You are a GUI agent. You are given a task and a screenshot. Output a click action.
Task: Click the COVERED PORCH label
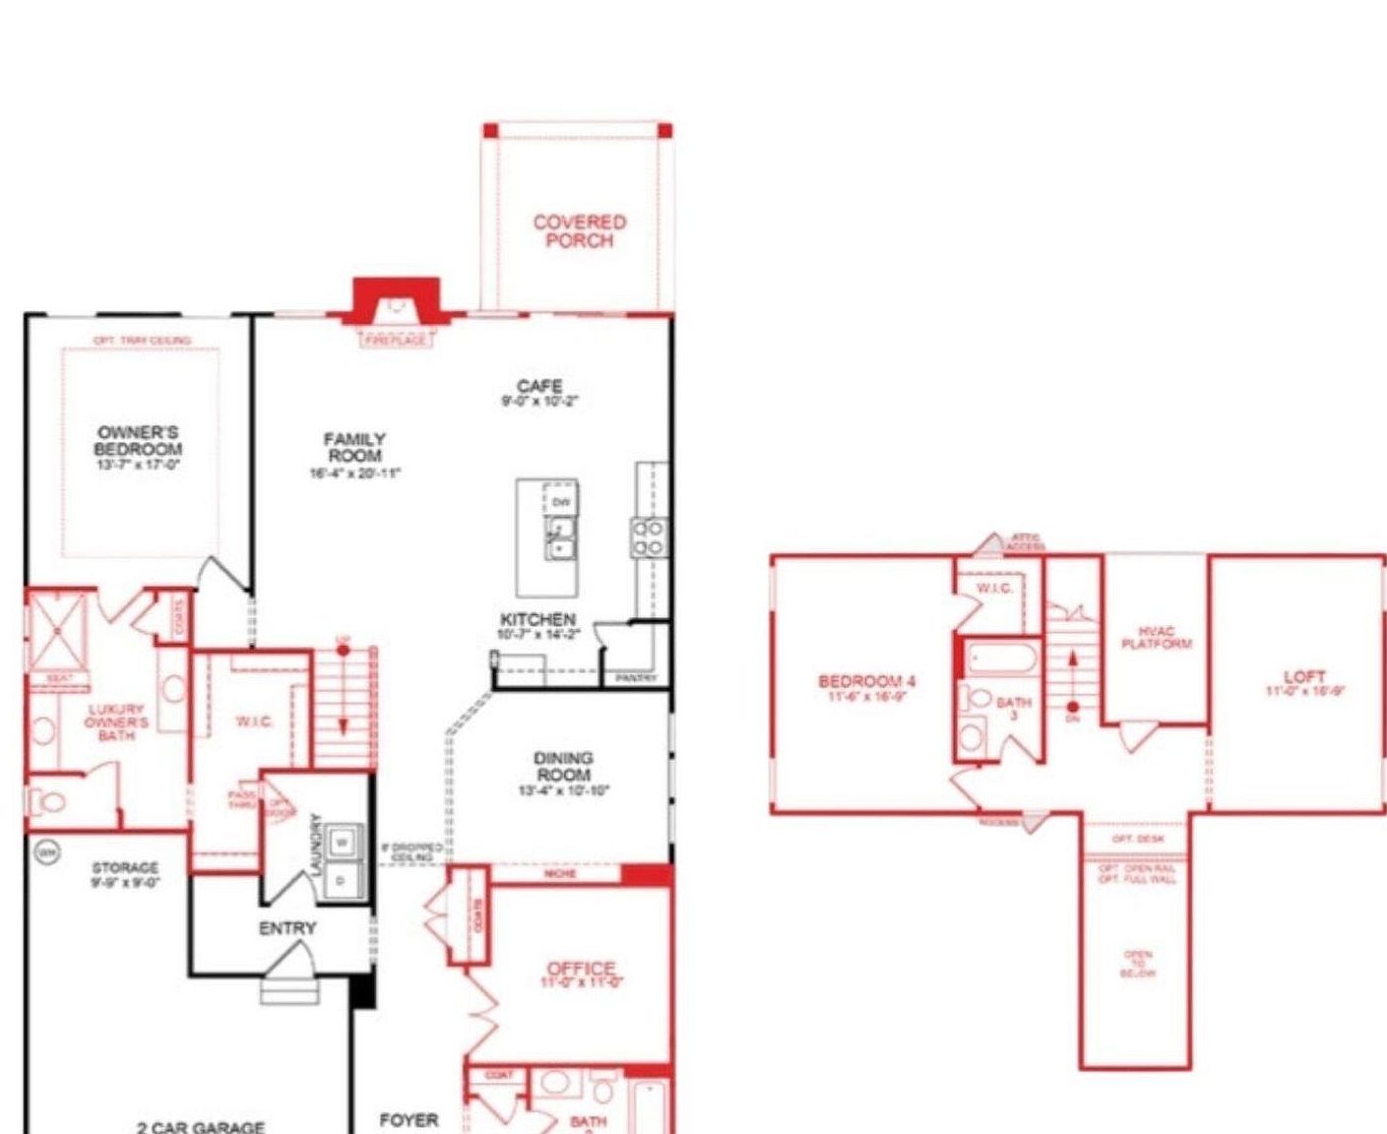580,231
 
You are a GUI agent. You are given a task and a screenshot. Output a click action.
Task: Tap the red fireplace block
396,298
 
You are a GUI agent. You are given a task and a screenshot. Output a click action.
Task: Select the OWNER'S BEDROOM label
139,441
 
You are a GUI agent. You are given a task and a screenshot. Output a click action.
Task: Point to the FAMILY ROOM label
355,448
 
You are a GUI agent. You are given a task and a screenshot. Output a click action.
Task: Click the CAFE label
539,386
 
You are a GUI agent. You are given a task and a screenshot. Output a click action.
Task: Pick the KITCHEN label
537,620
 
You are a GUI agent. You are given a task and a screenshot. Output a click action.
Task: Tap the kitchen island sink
560,538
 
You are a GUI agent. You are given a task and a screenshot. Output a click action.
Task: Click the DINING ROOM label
563,766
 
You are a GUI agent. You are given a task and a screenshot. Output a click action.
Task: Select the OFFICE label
581,970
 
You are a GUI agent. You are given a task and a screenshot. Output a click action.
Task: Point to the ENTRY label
287,928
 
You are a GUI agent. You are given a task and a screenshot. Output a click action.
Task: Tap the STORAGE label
125,867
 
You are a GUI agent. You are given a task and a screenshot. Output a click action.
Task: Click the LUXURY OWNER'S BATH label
116,722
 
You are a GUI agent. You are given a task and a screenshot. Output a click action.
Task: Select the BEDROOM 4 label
867,681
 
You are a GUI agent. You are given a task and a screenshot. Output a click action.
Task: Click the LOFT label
1304,677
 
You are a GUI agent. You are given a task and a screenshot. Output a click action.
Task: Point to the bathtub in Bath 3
999,659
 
